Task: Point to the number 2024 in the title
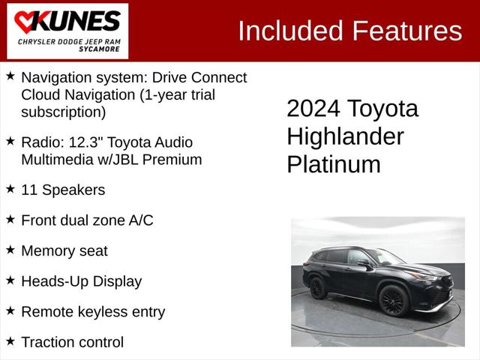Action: click(x=313, y=109)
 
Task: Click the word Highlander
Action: click(x=345, y=136)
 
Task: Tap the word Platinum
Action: click(x=334, y=164)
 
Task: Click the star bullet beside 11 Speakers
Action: click(x=10, y=188)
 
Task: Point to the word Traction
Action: click(x=50, y=342)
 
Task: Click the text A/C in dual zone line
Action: click(x=139, y=220)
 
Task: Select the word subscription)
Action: click(x=64, y=112)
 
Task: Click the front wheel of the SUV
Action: click(x=393, y=300)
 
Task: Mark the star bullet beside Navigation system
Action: click(x=10, y=76)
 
